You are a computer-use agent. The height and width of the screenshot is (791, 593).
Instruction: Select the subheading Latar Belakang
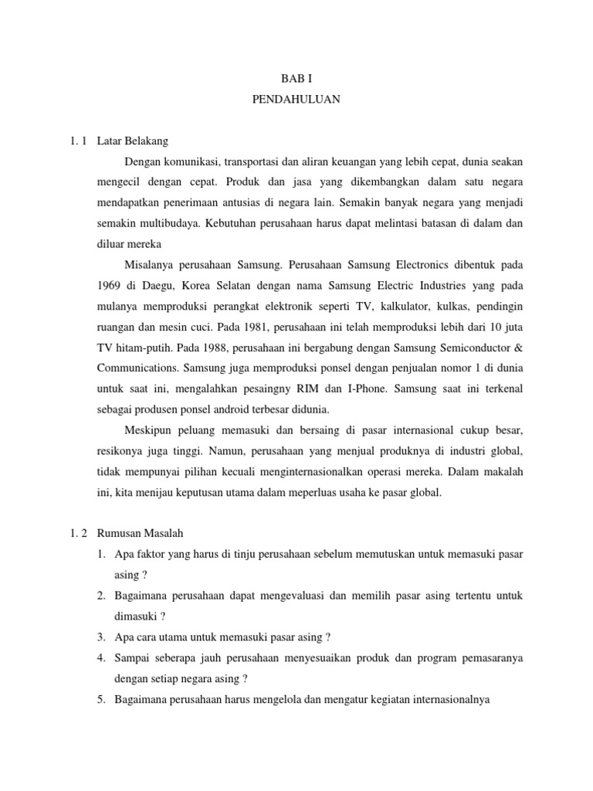click(133, 141)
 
